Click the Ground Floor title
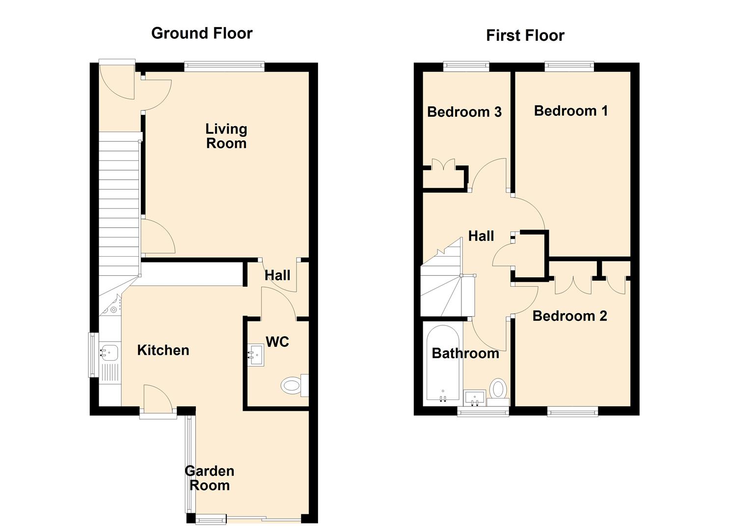click(202, 33)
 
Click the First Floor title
click(525, 35)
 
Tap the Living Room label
click(226, 136)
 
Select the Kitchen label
click(163, 350)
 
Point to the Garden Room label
click(210, 478)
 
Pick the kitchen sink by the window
click(109, 352)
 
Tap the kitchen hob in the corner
click(112, 306)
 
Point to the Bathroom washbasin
click(475, 398)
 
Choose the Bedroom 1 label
click(570, 111)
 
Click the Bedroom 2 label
click(569, 316)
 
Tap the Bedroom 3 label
click(464, 112)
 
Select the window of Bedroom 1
click(569, 66)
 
